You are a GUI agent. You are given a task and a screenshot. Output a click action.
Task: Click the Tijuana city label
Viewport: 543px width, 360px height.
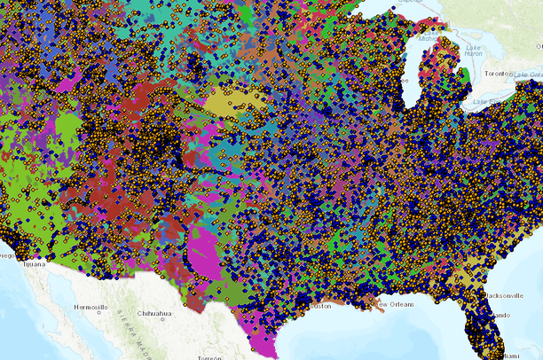[x=33, y=263]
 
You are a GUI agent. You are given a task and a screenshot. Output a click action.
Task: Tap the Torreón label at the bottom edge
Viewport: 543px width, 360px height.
[x=210, y=356]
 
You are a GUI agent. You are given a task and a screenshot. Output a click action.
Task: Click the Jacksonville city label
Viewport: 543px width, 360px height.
[x=502, y=293]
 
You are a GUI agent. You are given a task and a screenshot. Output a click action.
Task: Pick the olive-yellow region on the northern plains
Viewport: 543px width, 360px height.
[x=235, y=105]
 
